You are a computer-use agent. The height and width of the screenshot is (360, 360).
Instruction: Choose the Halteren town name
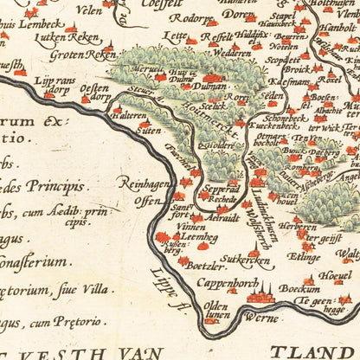coord(130,115)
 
